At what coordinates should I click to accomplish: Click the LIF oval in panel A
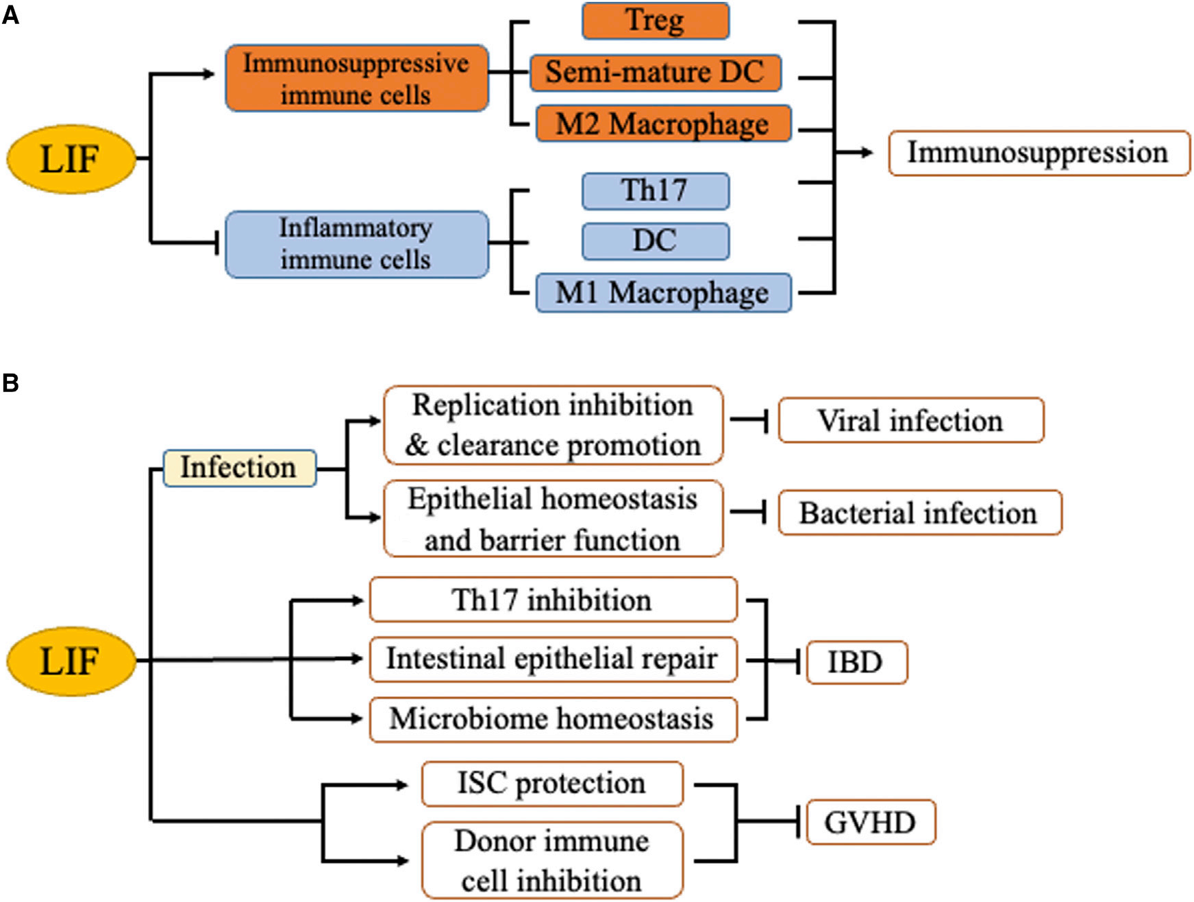tap(71, 159)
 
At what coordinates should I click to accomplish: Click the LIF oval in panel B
tap(71, 661)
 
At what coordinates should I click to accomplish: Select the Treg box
tap(655, 21)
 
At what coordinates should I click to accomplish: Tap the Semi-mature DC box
tap(655, 73)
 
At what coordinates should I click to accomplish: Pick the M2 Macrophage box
tap(662, 124)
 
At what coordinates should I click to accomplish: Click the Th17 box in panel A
tap(655, 191)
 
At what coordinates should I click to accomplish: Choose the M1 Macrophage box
tap(662, 293)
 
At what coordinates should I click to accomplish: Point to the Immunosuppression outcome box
tap(1038, 153)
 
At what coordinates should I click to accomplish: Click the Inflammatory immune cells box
tap(356, 244)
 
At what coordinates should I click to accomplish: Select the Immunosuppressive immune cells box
tap(356, 78)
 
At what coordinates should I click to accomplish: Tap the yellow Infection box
tap(239, 468)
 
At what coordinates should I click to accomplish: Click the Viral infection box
tap(910, 420)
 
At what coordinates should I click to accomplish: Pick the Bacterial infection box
tap(919, 513)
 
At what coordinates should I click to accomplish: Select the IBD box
tap(856, 662)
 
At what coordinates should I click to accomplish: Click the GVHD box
tap(870, 822)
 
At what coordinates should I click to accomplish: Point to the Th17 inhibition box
tap(552, 600)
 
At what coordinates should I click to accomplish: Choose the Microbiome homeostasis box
tap(552, 719)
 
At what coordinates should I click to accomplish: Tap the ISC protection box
tap(552, 783)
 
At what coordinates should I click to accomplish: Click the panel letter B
tap(10, 382)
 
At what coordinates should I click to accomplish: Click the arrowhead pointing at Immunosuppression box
tap(867, 153)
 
